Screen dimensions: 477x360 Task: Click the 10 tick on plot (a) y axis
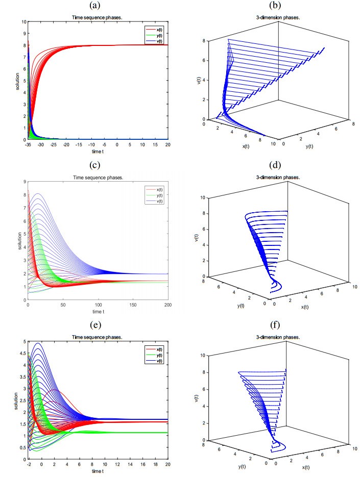pyautogui.click(x=23, y=22)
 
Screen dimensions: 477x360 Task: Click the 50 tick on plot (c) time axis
pyautogui.click(x=63, y=305)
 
